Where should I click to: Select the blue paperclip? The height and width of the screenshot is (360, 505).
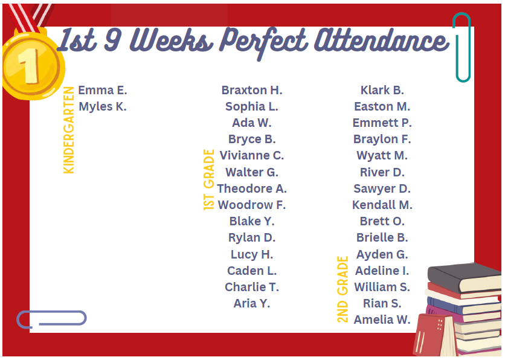pyautogui.click(x=51, y=318)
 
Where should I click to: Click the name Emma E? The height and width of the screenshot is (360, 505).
pyautogui.click(x=103, y=91)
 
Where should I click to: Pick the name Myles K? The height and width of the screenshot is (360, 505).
pyautogui.click(x=103, y=107)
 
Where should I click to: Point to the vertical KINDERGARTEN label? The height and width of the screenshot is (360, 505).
pyautogui.click(x=69, y=130)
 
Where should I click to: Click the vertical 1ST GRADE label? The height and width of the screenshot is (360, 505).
pyautogui.click(x=209, y=179)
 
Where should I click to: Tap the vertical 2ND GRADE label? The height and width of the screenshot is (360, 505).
pyautogui.click(x=343, y=289)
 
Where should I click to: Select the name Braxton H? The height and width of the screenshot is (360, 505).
pyautogui.click(x=252, y=91)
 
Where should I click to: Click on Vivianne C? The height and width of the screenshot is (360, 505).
pyautogui.click(x=252, y=156)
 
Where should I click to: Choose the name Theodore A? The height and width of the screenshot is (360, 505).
pyautogui.click(x=252, y=188)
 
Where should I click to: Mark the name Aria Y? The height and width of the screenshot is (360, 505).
pyautogui.click(x=252, y=303)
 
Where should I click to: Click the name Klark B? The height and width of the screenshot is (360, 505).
pyautogui.click(x=382, y=91)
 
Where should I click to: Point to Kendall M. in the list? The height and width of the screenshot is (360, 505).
pyautogui.click(x=382, y=205)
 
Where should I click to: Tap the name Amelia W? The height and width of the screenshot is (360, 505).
pyautogui.click(x=382, y=320)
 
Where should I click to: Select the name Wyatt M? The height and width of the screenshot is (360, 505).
pyautogui.click(x=382, y=156)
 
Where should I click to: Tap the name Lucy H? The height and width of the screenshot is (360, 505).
pyautogui.click(x=252, y=254)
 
